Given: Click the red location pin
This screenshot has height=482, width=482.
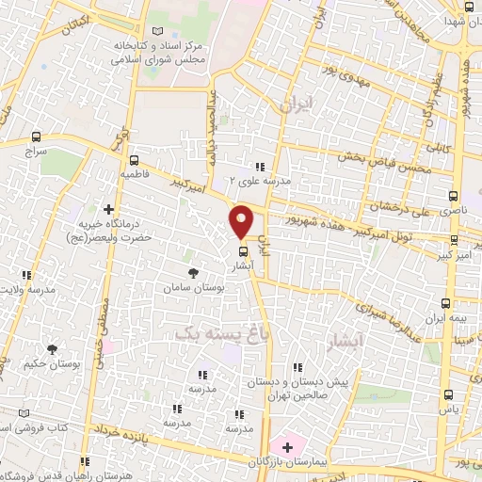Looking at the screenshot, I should point(242,220).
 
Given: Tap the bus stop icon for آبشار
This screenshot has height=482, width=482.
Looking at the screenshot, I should point(244,251).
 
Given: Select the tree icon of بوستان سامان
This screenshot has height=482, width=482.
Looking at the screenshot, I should point(193,272).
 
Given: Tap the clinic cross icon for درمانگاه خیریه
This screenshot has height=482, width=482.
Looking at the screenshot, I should point(109,209).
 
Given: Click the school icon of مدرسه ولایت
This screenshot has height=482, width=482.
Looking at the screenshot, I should point(27,276).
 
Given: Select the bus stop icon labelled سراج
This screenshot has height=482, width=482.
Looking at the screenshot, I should point(37,137).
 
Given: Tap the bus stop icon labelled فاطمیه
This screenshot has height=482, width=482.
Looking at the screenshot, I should point(135,160).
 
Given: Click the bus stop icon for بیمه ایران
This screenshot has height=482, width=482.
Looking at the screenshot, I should point(446,303).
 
